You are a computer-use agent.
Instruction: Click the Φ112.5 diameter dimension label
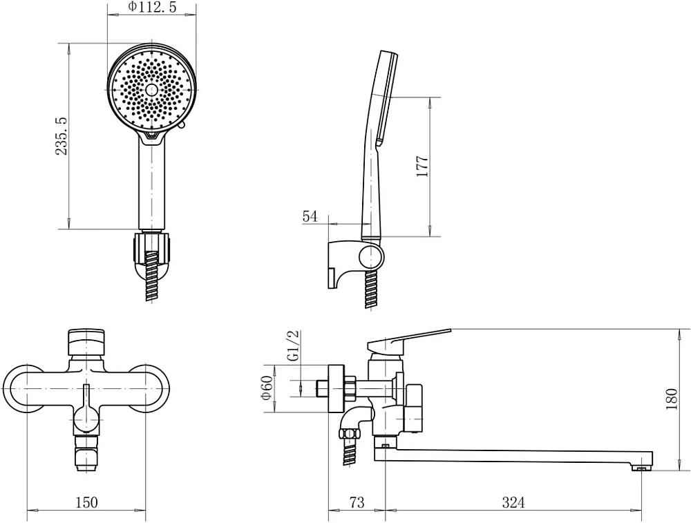[151, 7]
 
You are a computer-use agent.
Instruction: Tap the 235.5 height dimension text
[61, 135]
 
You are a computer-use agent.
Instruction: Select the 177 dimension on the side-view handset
[423, 166]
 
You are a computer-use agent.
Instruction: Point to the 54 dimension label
[310, 216]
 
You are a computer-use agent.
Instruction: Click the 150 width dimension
[87, 502]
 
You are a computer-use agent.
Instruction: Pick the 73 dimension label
[357, 502]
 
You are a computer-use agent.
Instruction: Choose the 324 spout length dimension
[514, 502]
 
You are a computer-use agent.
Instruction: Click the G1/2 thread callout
[294, 346]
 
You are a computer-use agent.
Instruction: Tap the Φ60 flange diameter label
[267, 388]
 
